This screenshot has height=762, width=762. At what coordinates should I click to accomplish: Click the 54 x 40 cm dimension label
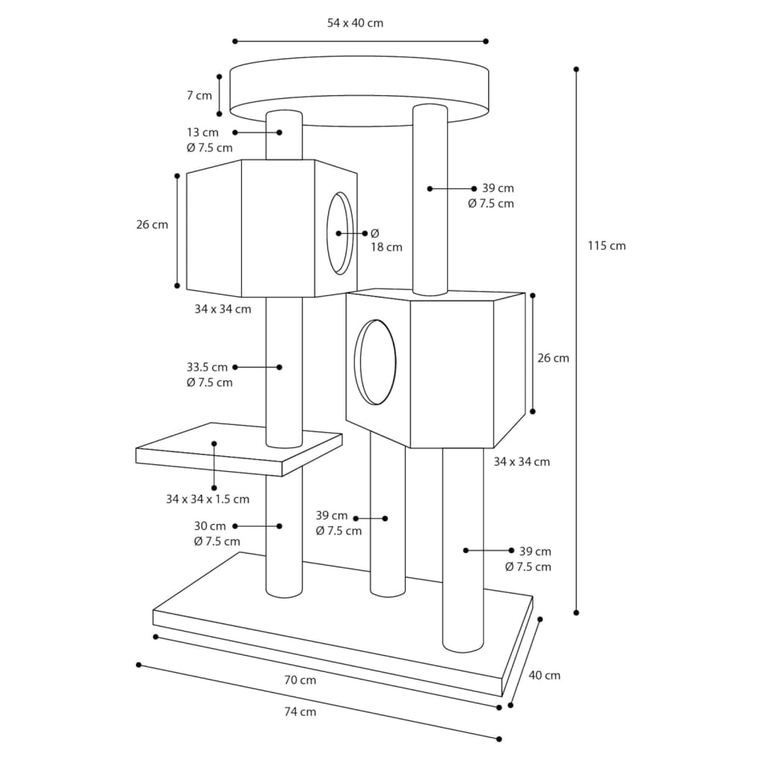click(355, 23)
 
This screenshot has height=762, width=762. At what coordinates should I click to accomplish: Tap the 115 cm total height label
click(606, 246)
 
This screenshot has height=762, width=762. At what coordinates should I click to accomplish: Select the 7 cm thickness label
click(199, 95)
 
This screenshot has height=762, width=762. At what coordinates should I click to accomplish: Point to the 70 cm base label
click(300, 679)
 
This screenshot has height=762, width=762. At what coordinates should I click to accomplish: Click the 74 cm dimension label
click(300, 711)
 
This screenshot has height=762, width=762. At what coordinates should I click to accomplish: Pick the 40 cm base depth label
click(544, 675)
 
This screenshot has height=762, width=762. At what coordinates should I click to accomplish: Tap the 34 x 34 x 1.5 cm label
click(208, 499)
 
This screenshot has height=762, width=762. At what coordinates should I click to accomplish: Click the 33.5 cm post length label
click(207, 367)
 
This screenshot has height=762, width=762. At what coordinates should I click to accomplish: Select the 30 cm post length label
click(210, 526)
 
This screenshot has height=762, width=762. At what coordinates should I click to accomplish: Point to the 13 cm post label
click(204, 132)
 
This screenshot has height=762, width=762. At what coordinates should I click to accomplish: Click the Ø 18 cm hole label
click(385, 240)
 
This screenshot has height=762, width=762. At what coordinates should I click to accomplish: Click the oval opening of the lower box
click(374, 362)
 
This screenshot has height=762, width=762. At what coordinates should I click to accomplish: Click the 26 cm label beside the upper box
click(152, 224)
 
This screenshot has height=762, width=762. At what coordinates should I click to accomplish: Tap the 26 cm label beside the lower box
click(553, 358)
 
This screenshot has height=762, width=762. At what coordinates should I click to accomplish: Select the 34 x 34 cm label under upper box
click(222, 309)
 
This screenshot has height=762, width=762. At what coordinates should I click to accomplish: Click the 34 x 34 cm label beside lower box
click(522, 461)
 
